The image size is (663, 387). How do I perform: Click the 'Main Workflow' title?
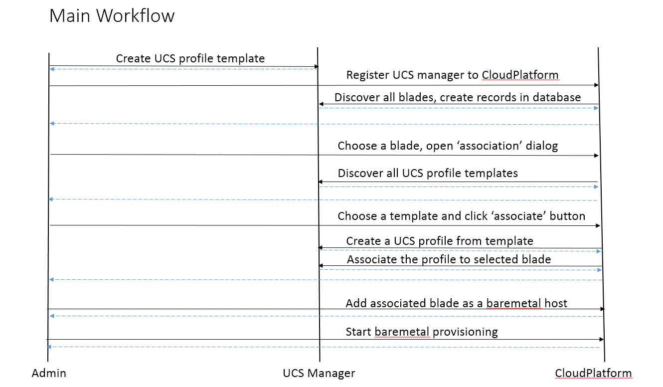(112, 15)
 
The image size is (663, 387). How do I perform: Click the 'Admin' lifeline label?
(49, 373)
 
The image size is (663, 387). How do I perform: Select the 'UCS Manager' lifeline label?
(319, 374)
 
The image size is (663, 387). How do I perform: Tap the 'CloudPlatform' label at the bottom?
(593, 373)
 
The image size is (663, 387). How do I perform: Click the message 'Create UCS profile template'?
(190, 59)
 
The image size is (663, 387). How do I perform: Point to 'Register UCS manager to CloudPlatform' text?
(452, 75)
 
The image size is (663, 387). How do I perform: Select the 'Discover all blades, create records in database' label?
(458, 97)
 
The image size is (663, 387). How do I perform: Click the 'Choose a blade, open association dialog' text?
(448, 146)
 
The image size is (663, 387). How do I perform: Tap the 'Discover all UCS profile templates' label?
(428, 173)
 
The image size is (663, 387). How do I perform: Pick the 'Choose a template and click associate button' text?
(462, 216)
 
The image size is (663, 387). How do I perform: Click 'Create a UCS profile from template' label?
(440, 241)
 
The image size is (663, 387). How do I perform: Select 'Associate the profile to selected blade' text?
(449, 259)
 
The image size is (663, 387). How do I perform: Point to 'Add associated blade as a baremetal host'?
(457, 303)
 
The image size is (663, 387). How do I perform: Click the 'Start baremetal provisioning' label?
(422, 332)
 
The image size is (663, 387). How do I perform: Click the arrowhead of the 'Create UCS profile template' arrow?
(317, 67)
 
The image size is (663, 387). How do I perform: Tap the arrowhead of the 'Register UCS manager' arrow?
(596, 85)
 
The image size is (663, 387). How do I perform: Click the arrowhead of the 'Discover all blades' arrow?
(321, 104)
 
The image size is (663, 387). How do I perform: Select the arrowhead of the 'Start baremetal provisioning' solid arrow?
(602, 339)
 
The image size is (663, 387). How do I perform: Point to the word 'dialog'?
(542, 146)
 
